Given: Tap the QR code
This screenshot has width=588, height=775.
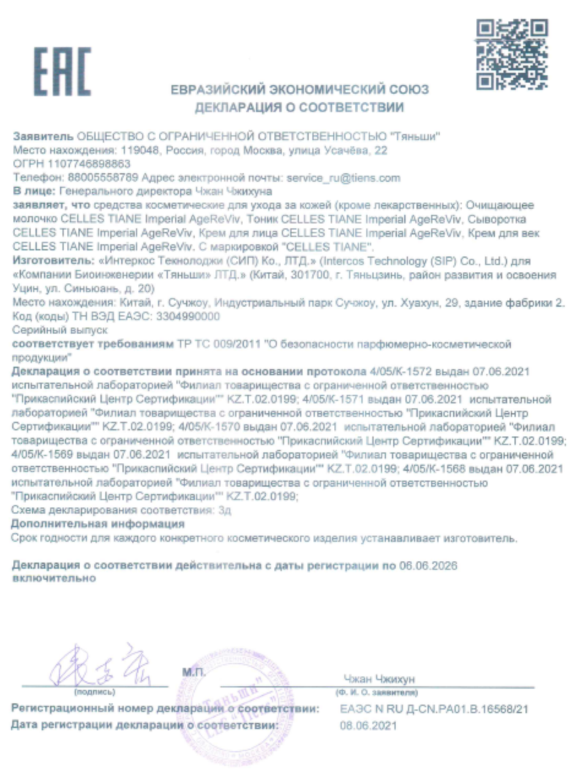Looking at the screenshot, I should (512, 54).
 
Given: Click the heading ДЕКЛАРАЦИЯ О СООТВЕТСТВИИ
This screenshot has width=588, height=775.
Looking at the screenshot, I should (300, 108).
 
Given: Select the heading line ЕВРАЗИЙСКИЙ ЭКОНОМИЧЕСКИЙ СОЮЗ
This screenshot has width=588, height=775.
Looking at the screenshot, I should (300, 90).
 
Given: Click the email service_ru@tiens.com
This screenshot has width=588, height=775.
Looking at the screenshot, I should (343, 178).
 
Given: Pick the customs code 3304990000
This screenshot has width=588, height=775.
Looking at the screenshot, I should (188, 316).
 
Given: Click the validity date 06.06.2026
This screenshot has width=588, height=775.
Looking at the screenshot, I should (428, 565).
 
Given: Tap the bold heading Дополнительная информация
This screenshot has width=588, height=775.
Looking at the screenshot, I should (98, 524).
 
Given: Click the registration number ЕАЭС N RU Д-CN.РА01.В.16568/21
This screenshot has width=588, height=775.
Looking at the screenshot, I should (434, 709).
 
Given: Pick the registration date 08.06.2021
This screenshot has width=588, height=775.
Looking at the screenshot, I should (368, 726).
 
